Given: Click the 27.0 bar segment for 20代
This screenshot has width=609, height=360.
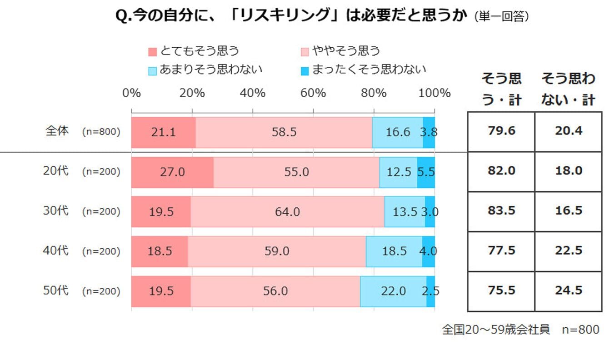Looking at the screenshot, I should (x=172, y=172).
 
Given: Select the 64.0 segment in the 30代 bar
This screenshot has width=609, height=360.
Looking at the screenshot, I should (x=287, y=212).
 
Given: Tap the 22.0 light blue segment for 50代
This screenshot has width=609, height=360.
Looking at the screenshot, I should (x=393, y=291).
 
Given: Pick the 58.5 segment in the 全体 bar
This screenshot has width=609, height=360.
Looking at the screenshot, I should (x=284, y=132).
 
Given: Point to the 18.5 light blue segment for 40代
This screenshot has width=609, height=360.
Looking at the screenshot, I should (x=394, y=251).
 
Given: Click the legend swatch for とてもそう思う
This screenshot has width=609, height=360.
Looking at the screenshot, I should (x=153, y=51).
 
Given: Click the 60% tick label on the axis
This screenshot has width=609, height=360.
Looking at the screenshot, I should (x=313, y=93).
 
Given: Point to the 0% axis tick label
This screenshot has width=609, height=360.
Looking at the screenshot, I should (x=131, y=93).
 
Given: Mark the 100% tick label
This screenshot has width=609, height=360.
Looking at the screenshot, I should (x=434, y=93).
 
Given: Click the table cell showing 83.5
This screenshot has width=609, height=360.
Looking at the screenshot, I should (x=501, y=211).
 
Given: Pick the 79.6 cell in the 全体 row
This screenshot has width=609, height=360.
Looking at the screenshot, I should (x=501, y=132).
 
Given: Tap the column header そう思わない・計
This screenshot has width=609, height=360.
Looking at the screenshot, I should (x=569, y=89).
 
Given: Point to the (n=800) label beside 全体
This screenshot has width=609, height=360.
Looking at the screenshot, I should (x=101, y=132).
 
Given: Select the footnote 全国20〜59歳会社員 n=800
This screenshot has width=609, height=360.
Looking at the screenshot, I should (x=521, y=330).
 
